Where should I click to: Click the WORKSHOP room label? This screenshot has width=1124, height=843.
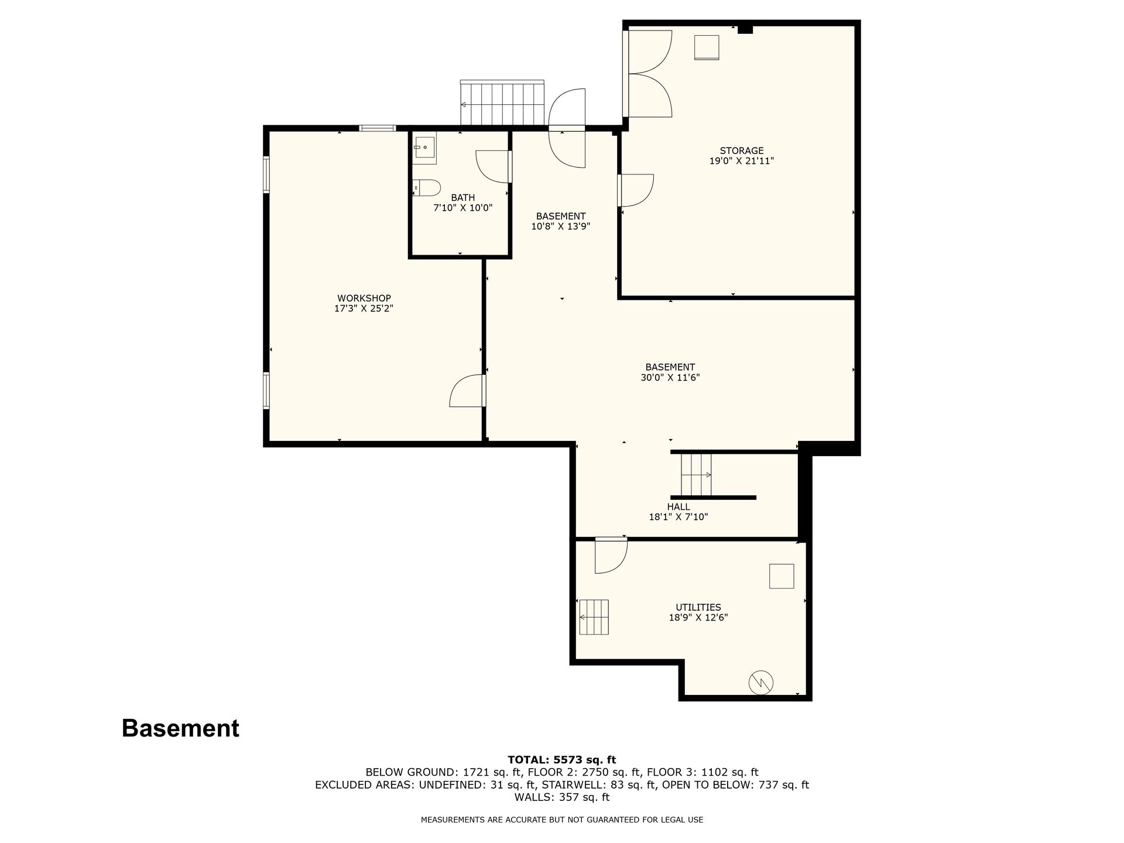tap(364, 298)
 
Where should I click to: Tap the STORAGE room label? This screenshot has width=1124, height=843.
tap(742, 150)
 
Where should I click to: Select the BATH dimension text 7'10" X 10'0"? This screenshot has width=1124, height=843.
tap(462, 208)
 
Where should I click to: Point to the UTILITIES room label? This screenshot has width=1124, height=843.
tap(698, 607)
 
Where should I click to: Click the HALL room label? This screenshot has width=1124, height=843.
tap(678, 506)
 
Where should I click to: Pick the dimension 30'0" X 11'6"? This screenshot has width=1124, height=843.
tap(670, 378)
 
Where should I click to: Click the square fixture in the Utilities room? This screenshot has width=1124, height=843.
tap(782, 576)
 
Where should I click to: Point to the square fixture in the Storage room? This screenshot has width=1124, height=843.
tap(707, 47)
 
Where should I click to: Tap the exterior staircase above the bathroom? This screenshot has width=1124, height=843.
tap(502, 103)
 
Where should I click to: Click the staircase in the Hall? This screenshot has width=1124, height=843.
tap(696, 474)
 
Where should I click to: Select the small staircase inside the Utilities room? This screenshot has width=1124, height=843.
tap(594, 617)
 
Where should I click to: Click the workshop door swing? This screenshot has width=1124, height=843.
tap(467, 390)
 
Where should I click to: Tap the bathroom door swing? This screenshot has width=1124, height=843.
tap(494, 167)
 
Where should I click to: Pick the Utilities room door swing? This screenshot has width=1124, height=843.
tap(611, 555)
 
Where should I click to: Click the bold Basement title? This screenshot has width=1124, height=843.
tap(180, 728)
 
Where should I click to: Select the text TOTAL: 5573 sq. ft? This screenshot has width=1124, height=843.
tap(561, 760)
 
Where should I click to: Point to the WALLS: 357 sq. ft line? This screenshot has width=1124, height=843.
tap(562, 797)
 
